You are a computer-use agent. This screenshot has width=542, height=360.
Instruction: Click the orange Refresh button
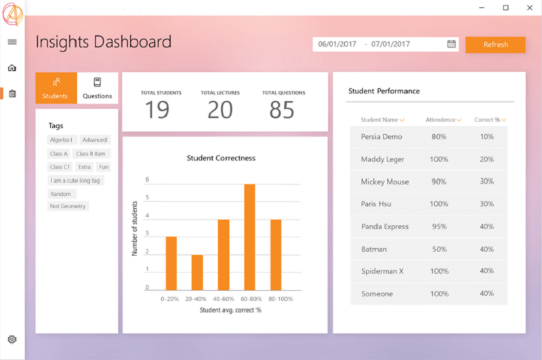495,45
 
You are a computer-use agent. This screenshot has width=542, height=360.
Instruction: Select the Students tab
56,88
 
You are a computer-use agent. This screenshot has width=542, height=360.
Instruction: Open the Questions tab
98,88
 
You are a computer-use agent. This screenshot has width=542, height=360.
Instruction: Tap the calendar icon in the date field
451,44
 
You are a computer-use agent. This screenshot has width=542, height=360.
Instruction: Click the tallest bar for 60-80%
249,237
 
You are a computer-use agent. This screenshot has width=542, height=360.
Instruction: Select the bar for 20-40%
196,273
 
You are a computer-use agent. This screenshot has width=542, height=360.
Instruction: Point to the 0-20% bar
171,263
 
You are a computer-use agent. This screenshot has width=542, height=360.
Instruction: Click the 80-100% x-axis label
280,298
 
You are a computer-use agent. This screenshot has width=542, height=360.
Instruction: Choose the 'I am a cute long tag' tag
77,180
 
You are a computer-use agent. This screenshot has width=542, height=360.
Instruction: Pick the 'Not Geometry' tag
68,206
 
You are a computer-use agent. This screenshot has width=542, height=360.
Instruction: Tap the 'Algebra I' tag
62,140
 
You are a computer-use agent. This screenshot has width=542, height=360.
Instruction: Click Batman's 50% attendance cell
438,249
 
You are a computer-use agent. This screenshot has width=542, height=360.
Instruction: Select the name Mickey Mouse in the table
385,182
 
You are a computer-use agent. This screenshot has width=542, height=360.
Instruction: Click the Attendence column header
441,120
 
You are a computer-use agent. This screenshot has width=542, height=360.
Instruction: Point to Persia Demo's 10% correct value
486,137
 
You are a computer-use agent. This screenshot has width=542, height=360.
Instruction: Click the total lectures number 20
220,110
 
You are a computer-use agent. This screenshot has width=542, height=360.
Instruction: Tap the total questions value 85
283,110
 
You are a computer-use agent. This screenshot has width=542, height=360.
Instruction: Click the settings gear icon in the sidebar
12,339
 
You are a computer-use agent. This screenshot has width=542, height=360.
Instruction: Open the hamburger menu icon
12,42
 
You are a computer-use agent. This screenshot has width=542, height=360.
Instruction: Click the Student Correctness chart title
221,158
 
